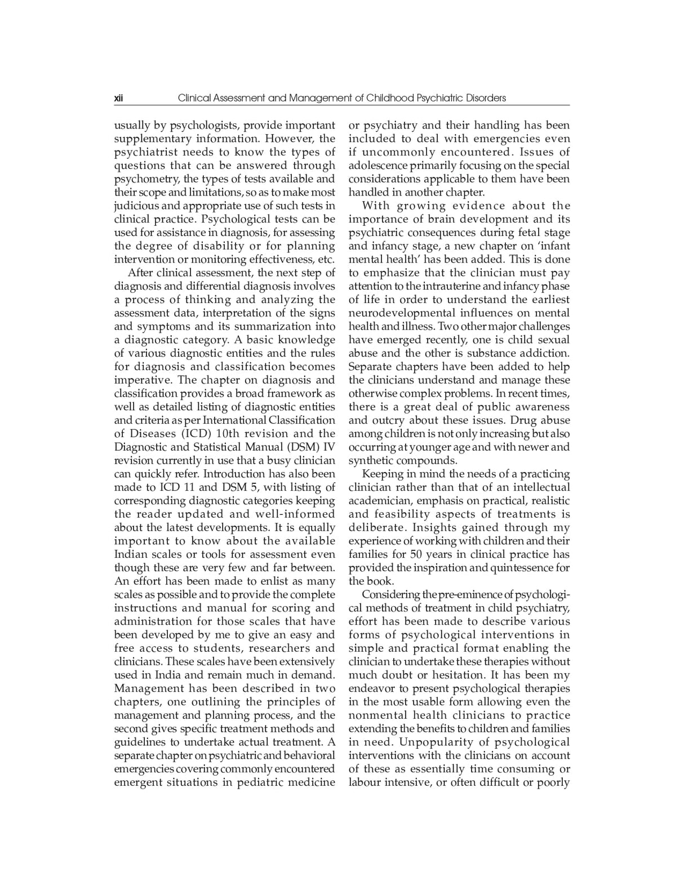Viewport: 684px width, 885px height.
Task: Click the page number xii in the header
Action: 118,98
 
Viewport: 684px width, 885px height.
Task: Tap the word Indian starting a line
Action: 131,554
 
